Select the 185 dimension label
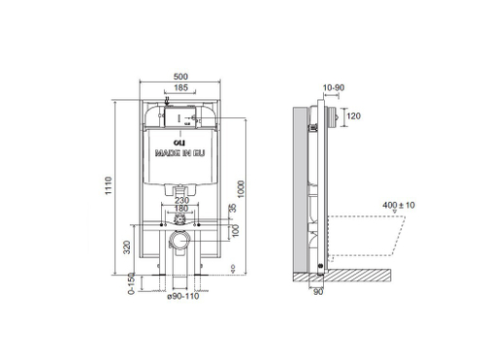pyautogui.click(x=180, y=86)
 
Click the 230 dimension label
pyautogui.click(x=180, y=200)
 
